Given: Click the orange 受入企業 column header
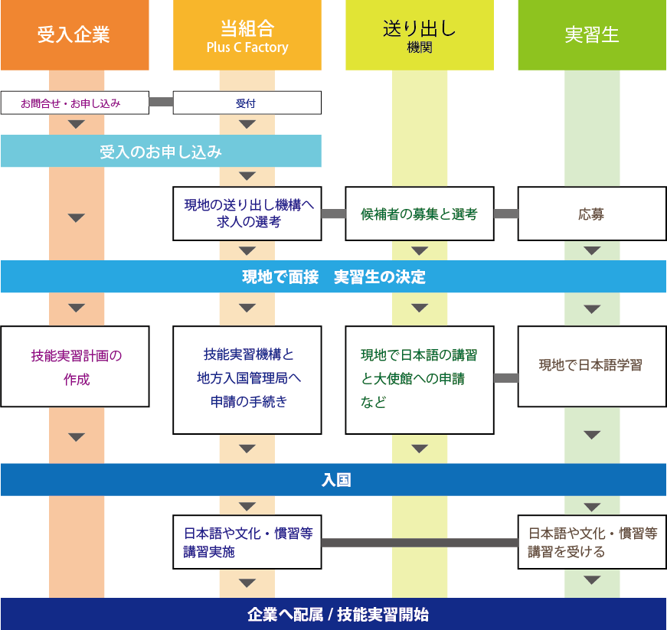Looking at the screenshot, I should tap(74, 35).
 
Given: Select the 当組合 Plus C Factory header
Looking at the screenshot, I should tap(247, 35).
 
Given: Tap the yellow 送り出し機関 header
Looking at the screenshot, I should tap(419, 35).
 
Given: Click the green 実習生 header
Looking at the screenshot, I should tap(591, 35).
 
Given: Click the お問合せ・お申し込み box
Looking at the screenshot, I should tap(74, 103).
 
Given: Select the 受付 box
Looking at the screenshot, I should tap(247, 103).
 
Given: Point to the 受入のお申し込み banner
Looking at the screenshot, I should tap(161, 152).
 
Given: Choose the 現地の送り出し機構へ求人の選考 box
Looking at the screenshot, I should tap(247, 214).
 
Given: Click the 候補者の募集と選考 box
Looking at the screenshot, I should tap(419, 214).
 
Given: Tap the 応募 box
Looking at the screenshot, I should tap(591, 214).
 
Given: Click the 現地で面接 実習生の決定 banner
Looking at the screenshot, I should tap(333, 276).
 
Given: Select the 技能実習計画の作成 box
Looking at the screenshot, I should tap(74, 367).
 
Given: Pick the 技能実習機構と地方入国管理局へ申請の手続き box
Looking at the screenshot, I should tap(247, 380).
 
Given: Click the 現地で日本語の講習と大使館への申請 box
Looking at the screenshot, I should tap(419, 380).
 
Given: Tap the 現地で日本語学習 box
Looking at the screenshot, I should tap(591, 367).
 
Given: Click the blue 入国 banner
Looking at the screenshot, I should tap(333, 480).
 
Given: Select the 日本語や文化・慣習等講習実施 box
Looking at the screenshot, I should tap(247, 543).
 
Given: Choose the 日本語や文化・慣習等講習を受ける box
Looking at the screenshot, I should tap(591, 543).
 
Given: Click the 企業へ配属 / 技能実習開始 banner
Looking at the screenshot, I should tap(333, 614).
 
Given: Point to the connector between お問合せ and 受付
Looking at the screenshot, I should tap(161, 102).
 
